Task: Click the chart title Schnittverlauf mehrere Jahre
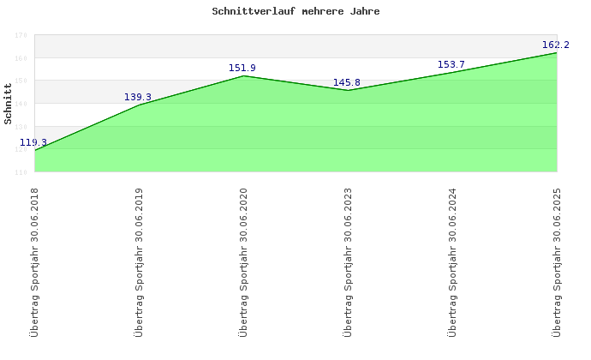point(295,12)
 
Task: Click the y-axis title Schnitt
point(9,103)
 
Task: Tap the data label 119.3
point(33,142)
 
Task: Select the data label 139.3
point(138,97)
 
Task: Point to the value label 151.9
point(242,68)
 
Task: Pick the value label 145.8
point(347,82)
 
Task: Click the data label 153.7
point(451,64)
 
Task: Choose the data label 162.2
point(556,45)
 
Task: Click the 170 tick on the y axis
point(20,36)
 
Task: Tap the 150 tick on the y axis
point(20,81)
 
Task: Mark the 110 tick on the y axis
point(20,172)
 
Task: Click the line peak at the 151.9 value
point(243,76)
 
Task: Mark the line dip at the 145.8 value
point(348,90)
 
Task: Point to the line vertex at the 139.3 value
point(139,105)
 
